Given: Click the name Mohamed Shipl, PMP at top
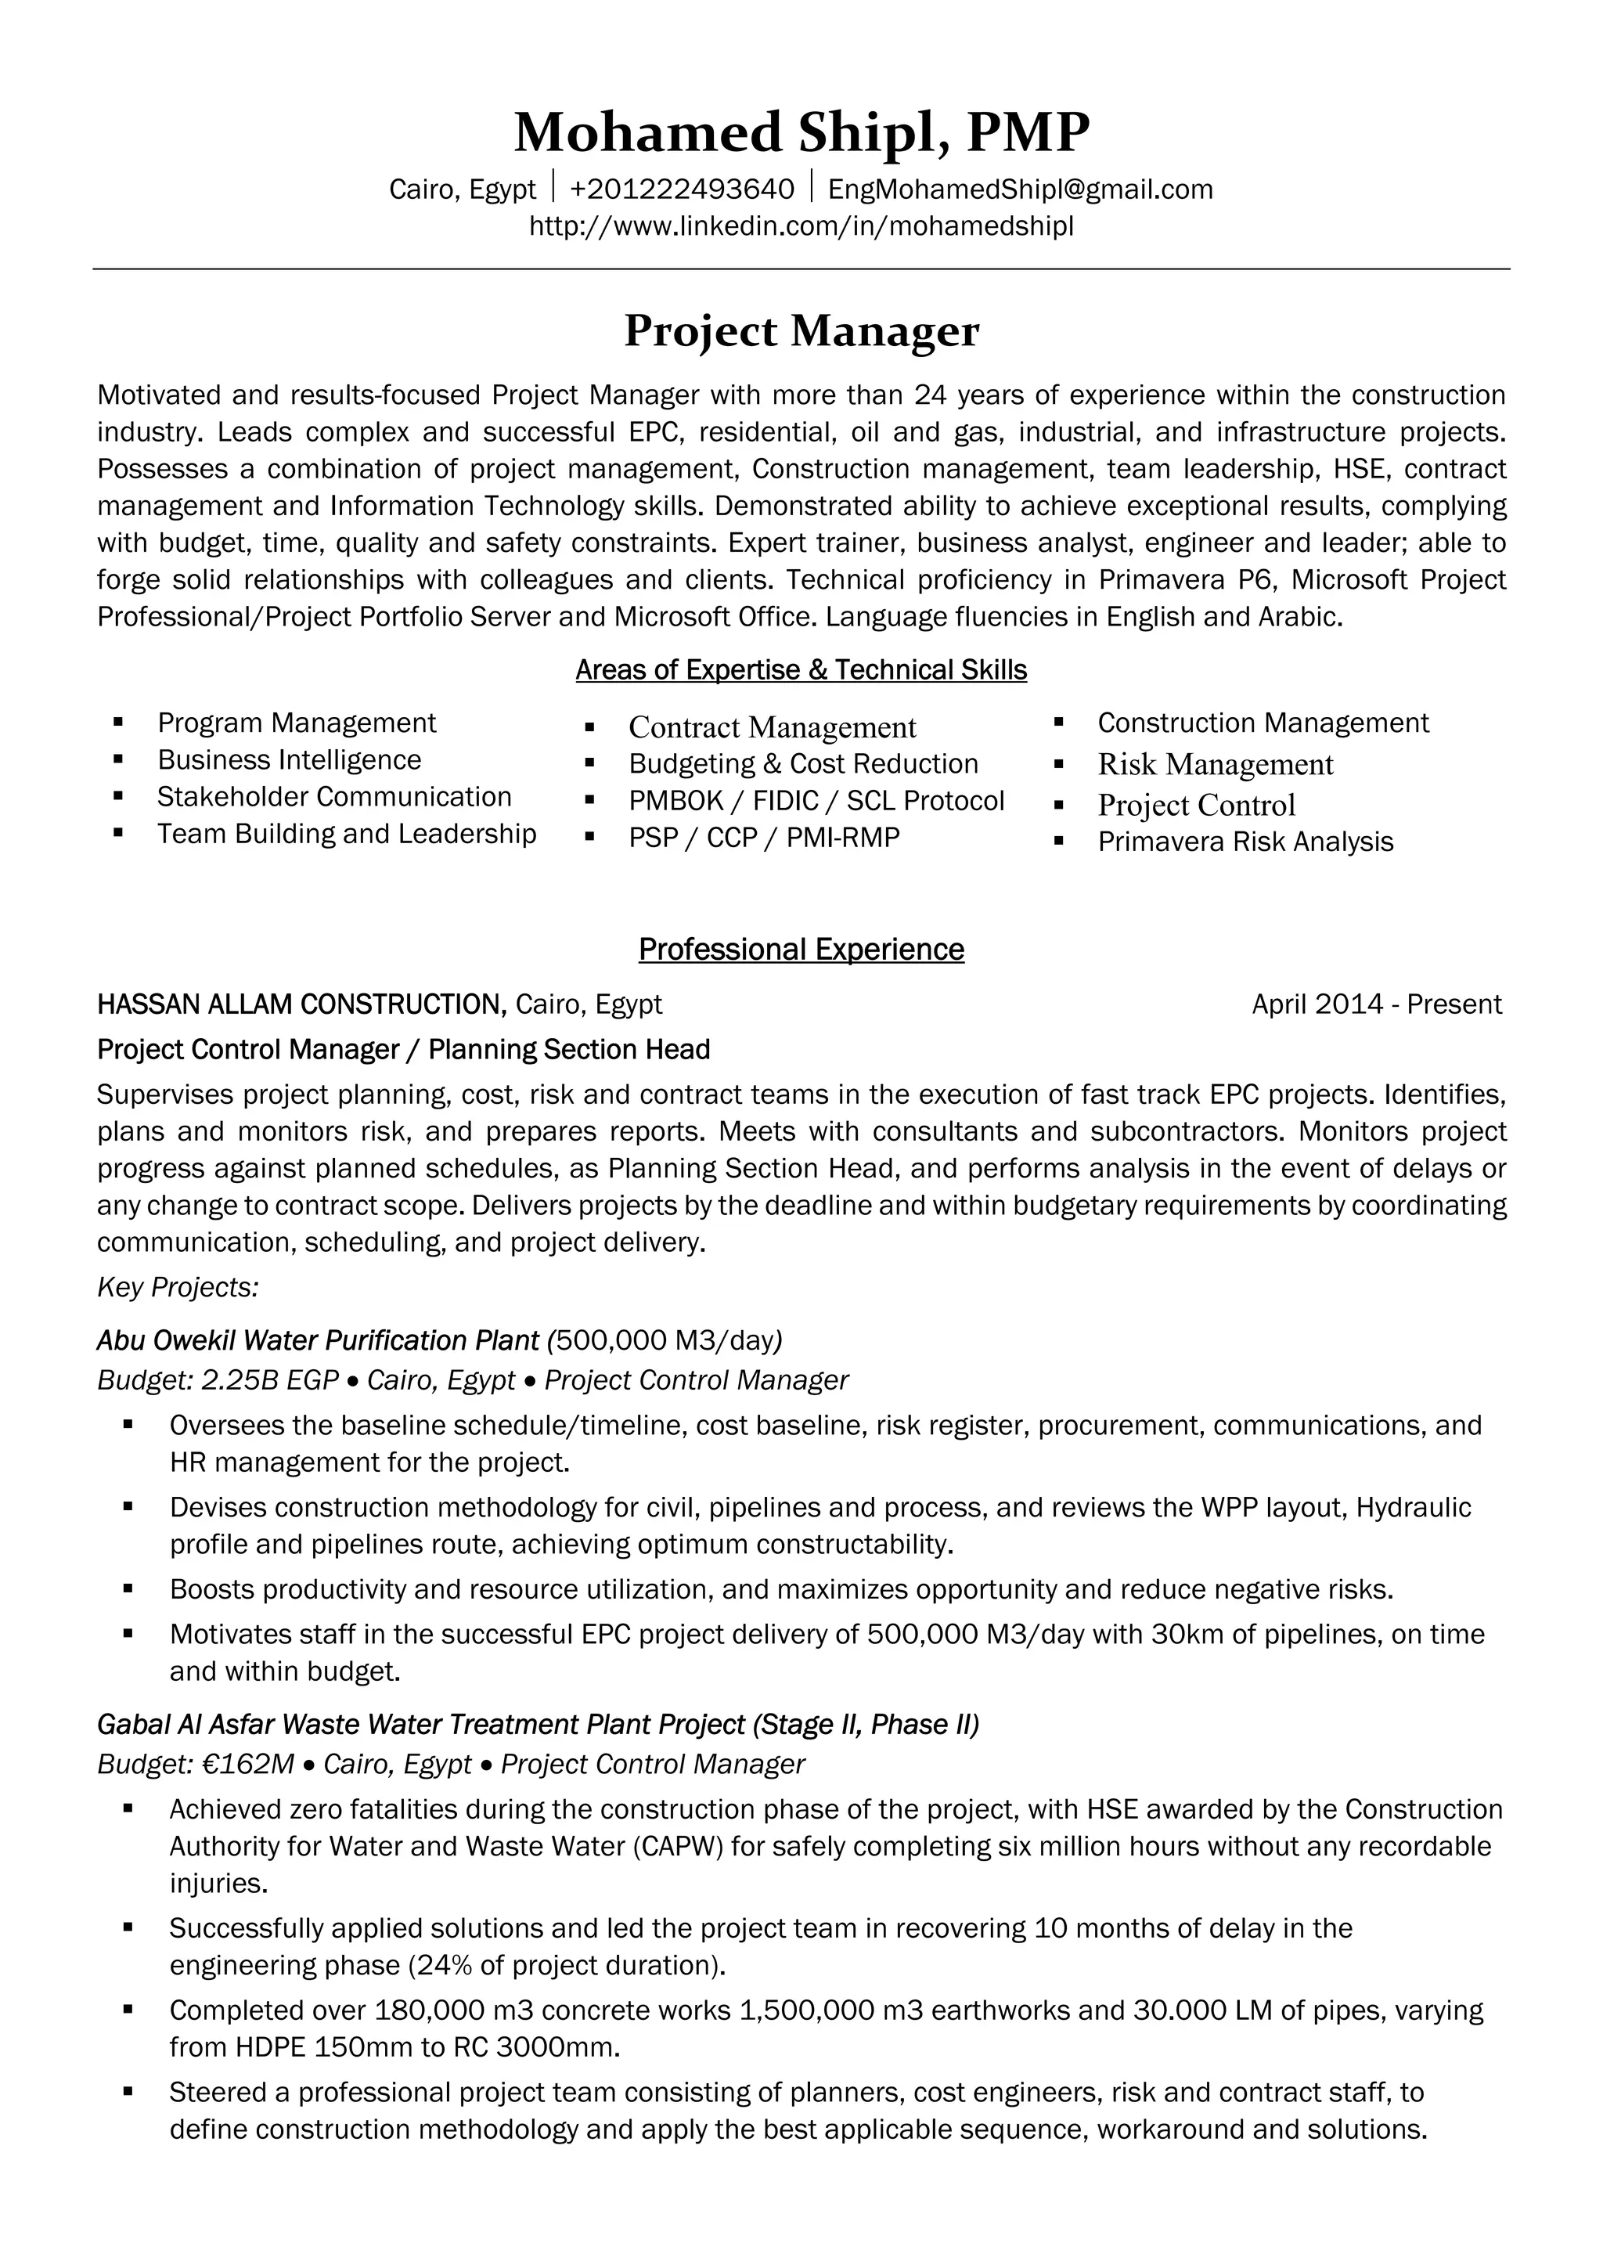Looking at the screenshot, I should click(801, 132).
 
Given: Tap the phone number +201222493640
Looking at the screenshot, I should click(682, 189).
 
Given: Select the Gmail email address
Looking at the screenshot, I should click(1021, 189).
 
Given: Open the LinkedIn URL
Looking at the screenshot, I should click(801, 226).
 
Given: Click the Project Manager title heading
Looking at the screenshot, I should click(801, 331).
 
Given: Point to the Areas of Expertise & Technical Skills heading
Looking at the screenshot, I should click(801, 669).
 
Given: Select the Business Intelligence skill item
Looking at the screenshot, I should click(290, 759).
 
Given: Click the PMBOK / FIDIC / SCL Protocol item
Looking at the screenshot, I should click(816, 800).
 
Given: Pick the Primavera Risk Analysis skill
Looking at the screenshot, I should click(1245, 842).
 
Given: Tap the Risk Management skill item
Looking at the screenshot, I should click(1215, 765).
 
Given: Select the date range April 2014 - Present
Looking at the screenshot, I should click(1376, 1004).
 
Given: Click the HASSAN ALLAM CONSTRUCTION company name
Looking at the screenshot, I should click(301, 1004).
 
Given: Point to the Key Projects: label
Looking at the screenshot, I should click(178, 1287).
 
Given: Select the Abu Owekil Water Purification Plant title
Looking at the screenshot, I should click(318, 1340).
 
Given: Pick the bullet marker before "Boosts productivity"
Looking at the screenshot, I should click(128, 1588).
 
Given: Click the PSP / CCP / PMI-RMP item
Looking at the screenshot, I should click(763, 838).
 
